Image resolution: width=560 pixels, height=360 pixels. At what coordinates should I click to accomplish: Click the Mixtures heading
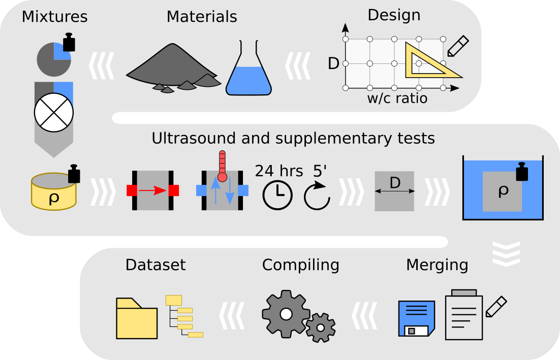[54, 17]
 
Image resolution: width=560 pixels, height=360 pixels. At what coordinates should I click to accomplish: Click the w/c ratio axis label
[397, 98]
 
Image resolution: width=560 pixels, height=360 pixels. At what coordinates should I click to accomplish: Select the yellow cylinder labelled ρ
[53, 192]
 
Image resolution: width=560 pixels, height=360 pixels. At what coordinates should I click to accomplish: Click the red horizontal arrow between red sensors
[152, 190]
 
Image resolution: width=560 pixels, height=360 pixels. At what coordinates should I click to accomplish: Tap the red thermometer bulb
[222, 177]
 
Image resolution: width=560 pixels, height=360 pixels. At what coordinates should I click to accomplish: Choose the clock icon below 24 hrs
[277, 195]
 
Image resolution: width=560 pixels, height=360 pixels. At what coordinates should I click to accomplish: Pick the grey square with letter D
[394, 191]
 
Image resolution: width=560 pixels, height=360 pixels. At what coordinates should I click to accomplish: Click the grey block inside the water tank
[502, 191]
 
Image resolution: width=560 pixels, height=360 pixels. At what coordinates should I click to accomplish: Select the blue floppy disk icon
[417, 318]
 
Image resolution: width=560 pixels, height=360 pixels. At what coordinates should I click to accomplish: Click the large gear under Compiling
[286, 313]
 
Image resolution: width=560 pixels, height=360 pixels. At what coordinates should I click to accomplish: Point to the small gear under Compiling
[321, 328]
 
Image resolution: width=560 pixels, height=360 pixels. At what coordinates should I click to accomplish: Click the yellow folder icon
[137, 319]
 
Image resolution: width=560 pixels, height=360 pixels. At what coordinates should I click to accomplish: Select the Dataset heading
[155, 265]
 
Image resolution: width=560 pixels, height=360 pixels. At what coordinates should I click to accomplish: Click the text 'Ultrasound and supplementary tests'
[293, 138]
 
